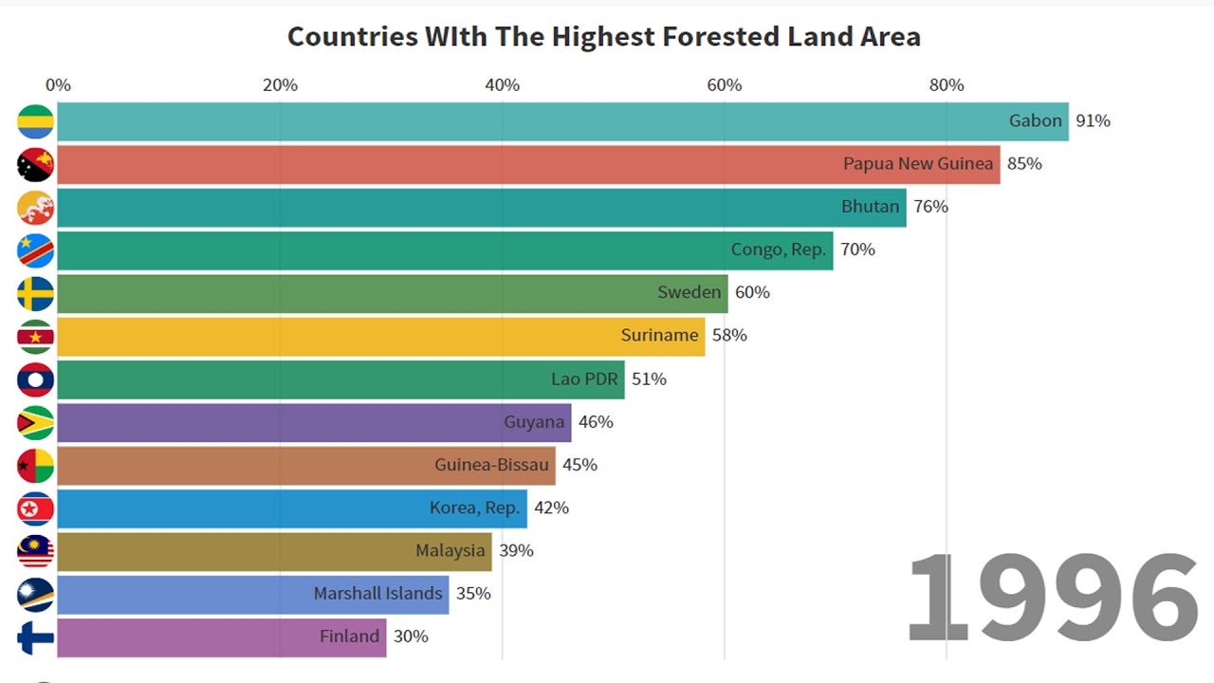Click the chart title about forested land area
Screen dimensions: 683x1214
(x=603, y=37)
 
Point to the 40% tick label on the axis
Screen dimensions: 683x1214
(x=502, y=85)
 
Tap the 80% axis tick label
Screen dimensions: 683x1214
(x=947, y=85)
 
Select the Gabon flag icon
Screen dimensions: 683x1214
(x=36, y=121)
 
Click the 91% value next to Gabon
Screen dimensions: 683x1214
(x=1093, y=121)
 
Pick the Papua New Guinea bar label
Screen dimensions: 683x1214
(x=917, y=164)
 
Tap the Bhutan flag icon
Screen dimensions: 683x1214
(x=36, y=208)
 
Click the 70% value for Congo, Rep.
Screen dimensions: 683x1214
(x=857, y=249)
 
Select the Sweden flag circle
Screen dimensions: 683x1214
(x=36, y=293)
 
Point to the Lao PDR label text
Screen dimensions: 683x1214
(x=584, y=378)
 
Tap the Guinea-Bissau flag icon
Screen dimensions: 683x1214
(x=36, y=465)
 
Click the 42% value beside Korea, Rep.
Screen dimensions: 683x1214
(x=551, y=508)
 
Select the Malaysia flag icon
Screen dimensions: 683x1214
(x=36, y=551)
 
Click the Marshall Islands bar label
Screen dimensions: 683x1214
(x=377, y=594)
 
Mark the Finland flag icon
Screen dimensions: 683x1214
(x=36, y=637)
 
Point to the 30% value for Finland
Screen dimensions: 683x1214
(x=411, y=637)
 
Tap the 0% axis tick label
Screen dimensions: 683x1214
(x=58, y=85)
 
